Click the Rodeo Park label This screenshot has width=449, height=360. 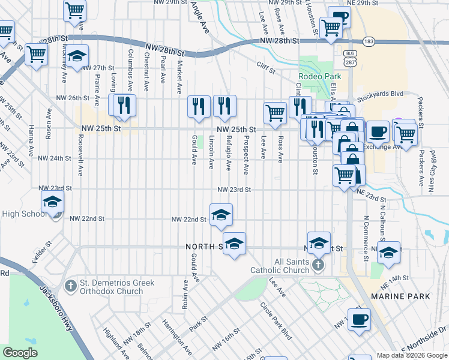pos(319,76)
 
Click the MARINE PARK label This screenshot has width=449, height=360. pos(400,296)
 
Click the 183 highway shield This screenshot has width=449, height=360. pos(369,41)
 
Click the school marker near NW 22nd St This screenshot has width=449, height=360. pos(221,215)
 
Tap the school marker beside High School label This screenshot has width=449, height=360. pos(53,203)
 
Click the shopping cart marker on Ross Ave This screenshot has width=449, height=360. pos(275,112)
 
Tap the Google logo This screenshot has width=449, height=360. pos(20,352)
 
